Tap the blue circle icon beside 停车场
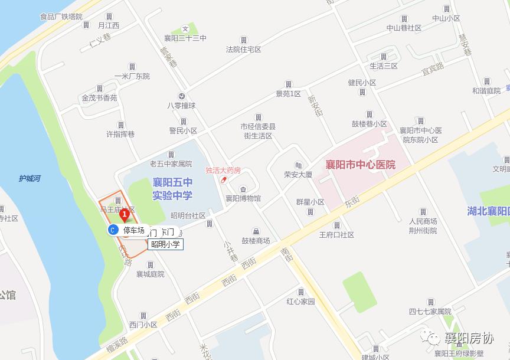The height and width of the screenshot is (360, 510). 112,230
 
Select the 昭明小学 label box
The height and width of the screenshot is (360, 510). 165,244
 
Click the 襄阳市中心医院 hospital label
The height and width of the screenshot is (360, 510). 361,165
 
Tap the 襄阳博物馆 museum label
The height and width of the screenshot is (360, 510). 243,198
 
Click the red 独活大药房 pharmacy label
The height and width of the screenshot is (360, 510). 223,170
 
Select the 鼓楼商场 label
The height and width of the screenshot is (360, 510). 256,240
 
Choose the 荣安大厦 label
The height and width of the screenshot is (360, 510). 297,175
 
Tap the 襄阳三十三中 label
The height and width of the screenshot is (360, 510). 185,38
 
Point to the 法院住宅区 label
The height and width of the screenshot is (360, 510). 243,50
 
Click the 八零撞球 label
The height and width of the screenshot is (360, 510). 181,106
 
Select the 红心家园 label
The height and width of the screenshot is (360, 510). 301,302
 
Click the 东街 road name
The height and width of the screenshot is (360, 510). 352,202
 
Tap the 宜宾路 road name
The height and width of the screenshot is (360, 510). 432,70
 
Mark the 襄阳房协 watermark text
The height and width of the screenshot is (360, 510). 469,338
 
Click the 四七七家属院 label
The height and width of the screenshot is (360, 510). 430,311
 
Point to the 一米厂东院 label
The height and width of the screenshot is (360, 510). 132,76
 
